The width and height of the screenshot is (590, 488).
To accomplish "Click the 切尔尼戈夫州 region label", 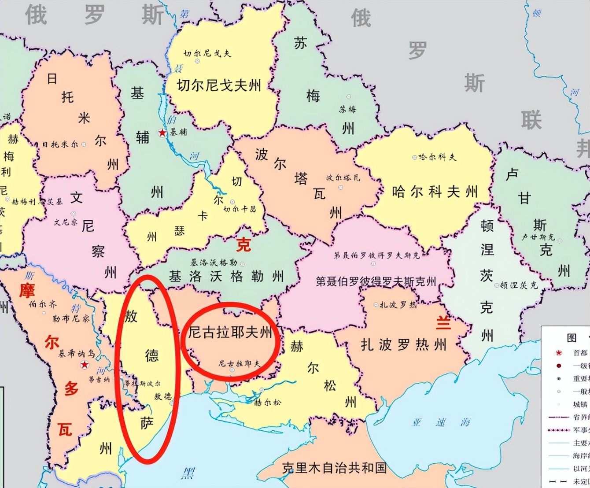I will (219, 85).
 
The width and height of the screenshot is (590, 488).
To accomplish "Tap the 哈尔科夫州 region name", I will (435, 192).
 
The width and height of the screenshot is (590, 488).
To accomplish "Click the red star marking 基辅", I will (162, 133).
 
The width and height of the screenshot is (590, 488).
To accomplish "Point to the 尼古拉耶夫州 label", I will (230, 332).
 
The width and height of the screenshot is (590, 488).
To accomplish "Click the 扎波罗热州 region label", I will (403, 344).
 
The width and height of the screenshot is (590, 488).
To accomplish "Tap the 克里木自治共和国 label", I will (335, 468).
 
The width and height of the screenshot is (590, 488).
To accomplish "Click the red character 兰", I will (443, 323).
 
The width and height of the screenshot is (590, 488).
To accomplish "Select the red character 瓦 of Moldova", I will (65, 429).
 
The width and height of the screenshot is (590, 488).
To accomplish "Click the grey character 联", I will (531, 120).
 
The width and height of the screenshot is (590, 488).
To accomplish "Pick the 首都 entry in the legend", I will (580, 353).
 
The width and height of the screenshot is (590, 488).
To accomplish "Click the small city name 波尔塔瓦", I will (343, 178).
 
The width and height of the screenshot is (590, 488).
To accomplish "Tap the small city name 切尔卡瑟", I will (240, 209).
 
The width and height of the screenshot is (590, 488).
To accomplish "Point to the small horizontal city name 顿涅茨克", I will (519, 285).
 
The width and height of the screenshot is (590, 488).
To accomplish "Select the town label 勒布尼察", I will (70, 318).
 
